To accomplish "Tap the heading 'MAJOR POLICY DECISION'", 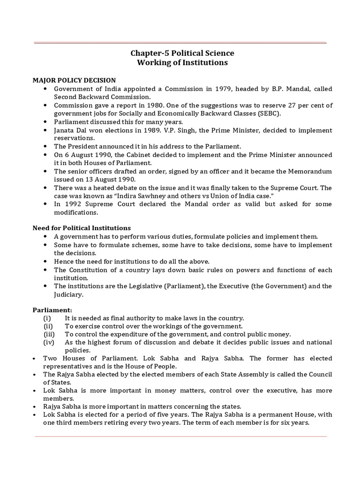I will tap(74, 80).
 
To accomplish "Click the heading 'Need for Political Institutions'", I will tap(81, 228).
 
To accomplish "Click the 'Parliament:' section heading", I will tap(52, 310).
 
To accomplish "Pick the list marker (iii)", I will tap(49, 334).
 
